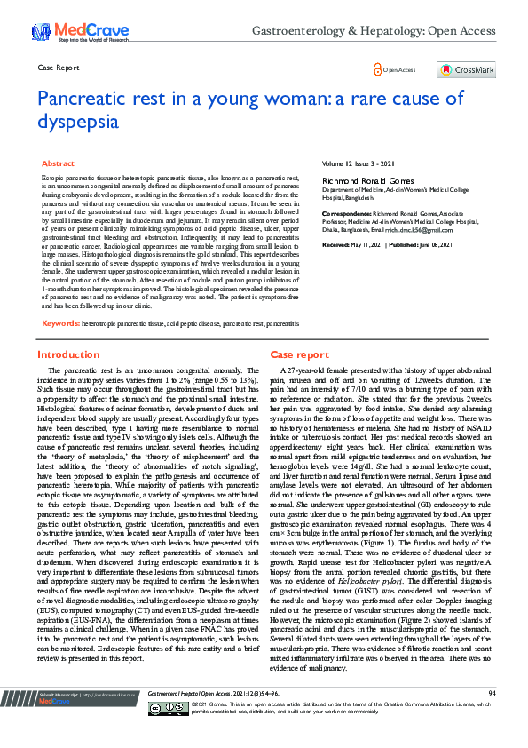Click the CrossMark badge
pyautogui.click(x=467, y=69)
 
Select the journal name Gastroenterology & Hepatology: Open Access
pyautogui.click(x=373, y=30)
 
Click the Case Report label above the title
pyautogui.click(x=59, y=68)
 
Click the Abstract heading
pyautogui.click(x=59, y=164)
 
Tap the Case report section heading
pyautogui.click(x=299, y=354)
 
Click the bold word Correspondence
pyautogui.click(x=346, y=215)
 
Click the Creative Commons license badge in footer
pyautogui.click(x=168, y=733)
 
